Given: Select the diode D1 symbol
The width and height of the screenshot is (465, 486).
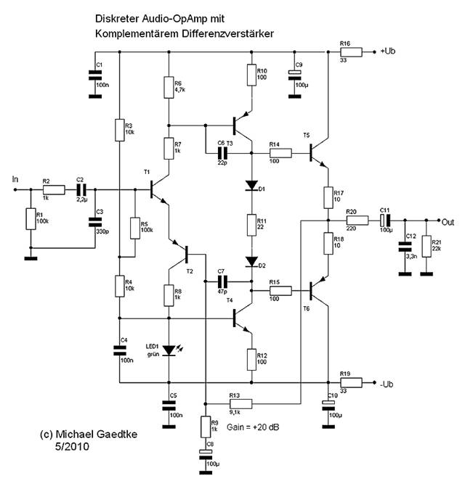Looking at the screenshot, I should point(251,186).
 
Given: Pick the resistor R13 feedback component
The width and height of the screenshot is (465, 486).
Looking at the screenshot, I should point(240,403).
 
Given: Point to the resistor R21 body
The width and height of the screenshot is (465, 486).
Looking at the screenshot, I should point(425,246).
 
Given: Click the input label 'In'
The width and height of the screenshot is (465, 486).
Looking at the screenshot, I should point(17,178).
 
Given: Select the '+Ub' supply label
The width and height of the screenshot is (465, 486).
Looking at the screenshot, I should point(389,52).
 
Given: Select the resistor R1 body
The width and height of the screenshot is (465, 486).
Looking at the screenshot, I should point(30,218).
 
